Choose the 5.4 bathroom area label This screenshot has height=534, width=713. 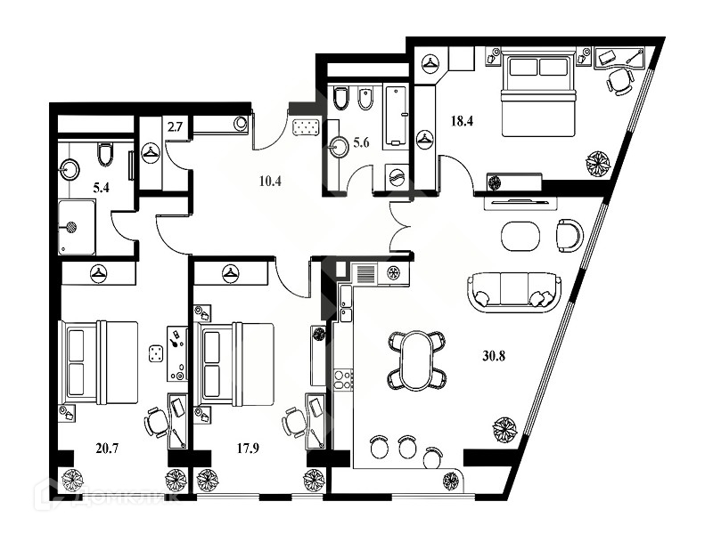coord(77,188)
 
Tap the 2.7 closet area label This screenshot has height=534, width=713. coord(150,128)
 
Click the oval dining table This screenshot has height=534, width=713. coord(415,359)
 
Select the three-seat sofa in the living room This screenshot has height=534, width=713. coord(514,289)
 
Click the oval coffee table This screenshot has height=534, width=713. coord(520,236)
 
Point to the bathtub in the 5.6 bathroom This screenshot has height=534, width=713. coord(395,116)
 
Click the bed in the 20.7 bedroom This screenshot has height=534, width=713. coord(99,360)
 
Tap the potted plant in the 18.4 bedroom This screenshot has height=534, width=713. coord(596,164)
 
